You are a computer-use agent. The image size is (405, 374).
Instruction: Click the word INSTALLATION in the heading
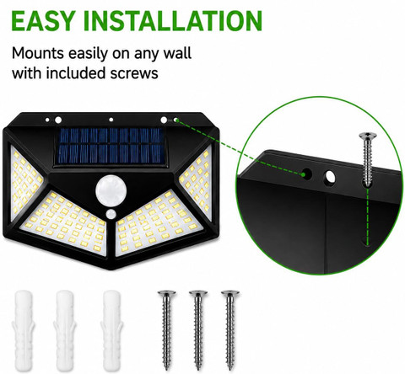click(x=173, y=21)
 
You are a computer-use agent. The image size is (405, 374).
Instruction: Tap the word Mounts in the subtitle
click(x=38, y=53)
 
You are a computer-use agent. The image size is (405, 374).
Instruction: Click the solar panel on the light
click(x=111, y=146)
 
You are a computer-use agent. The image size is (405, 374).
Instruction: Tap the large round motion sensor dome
click(x=111, y=191)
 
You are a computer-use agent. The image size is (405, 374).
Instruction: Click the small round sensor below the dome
click(x=111, y=214)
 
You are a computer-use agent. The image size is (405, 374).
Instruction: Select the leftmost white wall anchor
click(x=23, y=330)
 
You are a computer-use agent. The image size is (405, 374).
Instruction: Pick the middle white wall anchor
click(x=65, y=330)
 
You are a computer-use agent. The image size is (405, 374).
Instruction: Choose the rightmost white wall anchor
click(x=111, y=330)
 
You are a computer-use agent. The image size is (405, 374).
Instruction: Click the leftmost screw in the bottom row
click(x=167, y=330)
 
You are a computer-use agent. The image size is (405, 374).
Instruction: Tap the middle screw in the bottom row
click(x=198, y=330)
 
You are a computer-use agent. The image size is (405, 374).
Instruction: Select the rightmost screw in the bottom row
click(x=230, y=330)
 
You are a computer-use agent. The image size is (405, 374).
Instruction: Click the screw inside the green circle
click(x=367, y=159)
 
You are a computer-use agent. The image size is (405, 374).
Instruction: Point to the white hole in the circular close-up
click(x=330, y=178)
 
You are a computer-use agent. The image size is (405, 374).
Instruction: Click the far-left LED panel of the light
click(x=25, y=183)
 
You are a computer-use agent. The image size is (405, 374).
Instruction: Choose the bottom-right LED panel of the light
click(x=159, y=223)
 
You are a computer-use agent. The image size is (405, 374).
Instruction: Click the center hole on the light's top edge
click(x=111, y=120)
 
